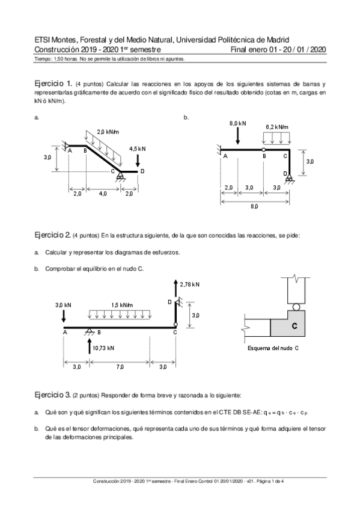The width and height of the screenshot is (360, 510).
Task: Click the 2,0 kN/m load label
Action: click(108, 132)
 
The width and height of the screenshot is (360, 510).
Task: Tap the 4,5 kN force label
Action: click(137, 148)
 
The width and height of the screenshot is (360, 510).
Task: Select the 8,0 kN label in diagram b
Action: click(237, 123)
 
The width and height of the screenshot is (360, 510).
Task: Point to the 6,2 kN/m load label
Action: click(277, 127)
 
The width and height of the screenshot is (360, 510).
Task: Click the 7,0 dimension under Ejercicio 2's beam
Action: click(120, 366)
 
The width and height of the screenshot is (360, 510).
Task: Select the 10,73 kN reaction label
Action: click(103, 347)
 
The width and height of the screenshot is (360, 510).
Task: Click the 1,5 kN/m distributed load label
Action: click(121, 305)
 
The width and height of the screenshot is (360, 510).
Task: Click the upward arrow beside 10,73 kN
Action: click(89, 345)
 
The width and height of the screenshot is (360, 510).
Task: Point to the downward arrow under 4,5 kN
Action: click(138, 160)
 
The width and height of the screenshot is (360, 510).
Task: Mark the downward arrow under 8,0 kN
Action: click(237, 136)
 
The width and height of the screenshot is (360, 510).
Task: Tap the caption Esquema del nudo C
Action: click(273, 348)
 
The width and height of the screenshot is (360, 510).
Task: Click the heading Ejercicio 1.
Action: click(53, 83)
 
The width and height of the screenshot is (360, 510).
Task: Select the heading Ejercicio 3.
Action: click(53, 395)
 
